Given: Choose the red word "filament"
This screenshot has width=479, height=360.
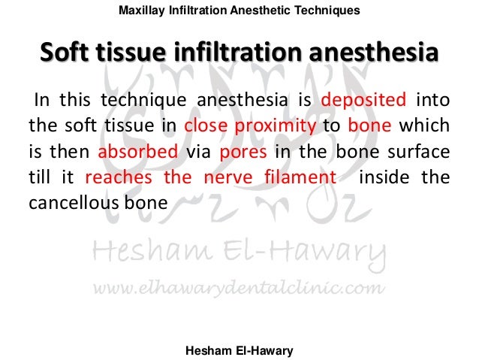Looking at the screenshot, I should [303, 177].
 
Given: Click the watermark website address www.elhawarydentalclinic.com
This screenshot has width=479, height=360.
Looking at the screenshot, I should [239, 288].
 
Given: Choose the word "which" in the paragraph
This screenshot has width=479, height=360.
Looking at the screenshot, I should [430, 125].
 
